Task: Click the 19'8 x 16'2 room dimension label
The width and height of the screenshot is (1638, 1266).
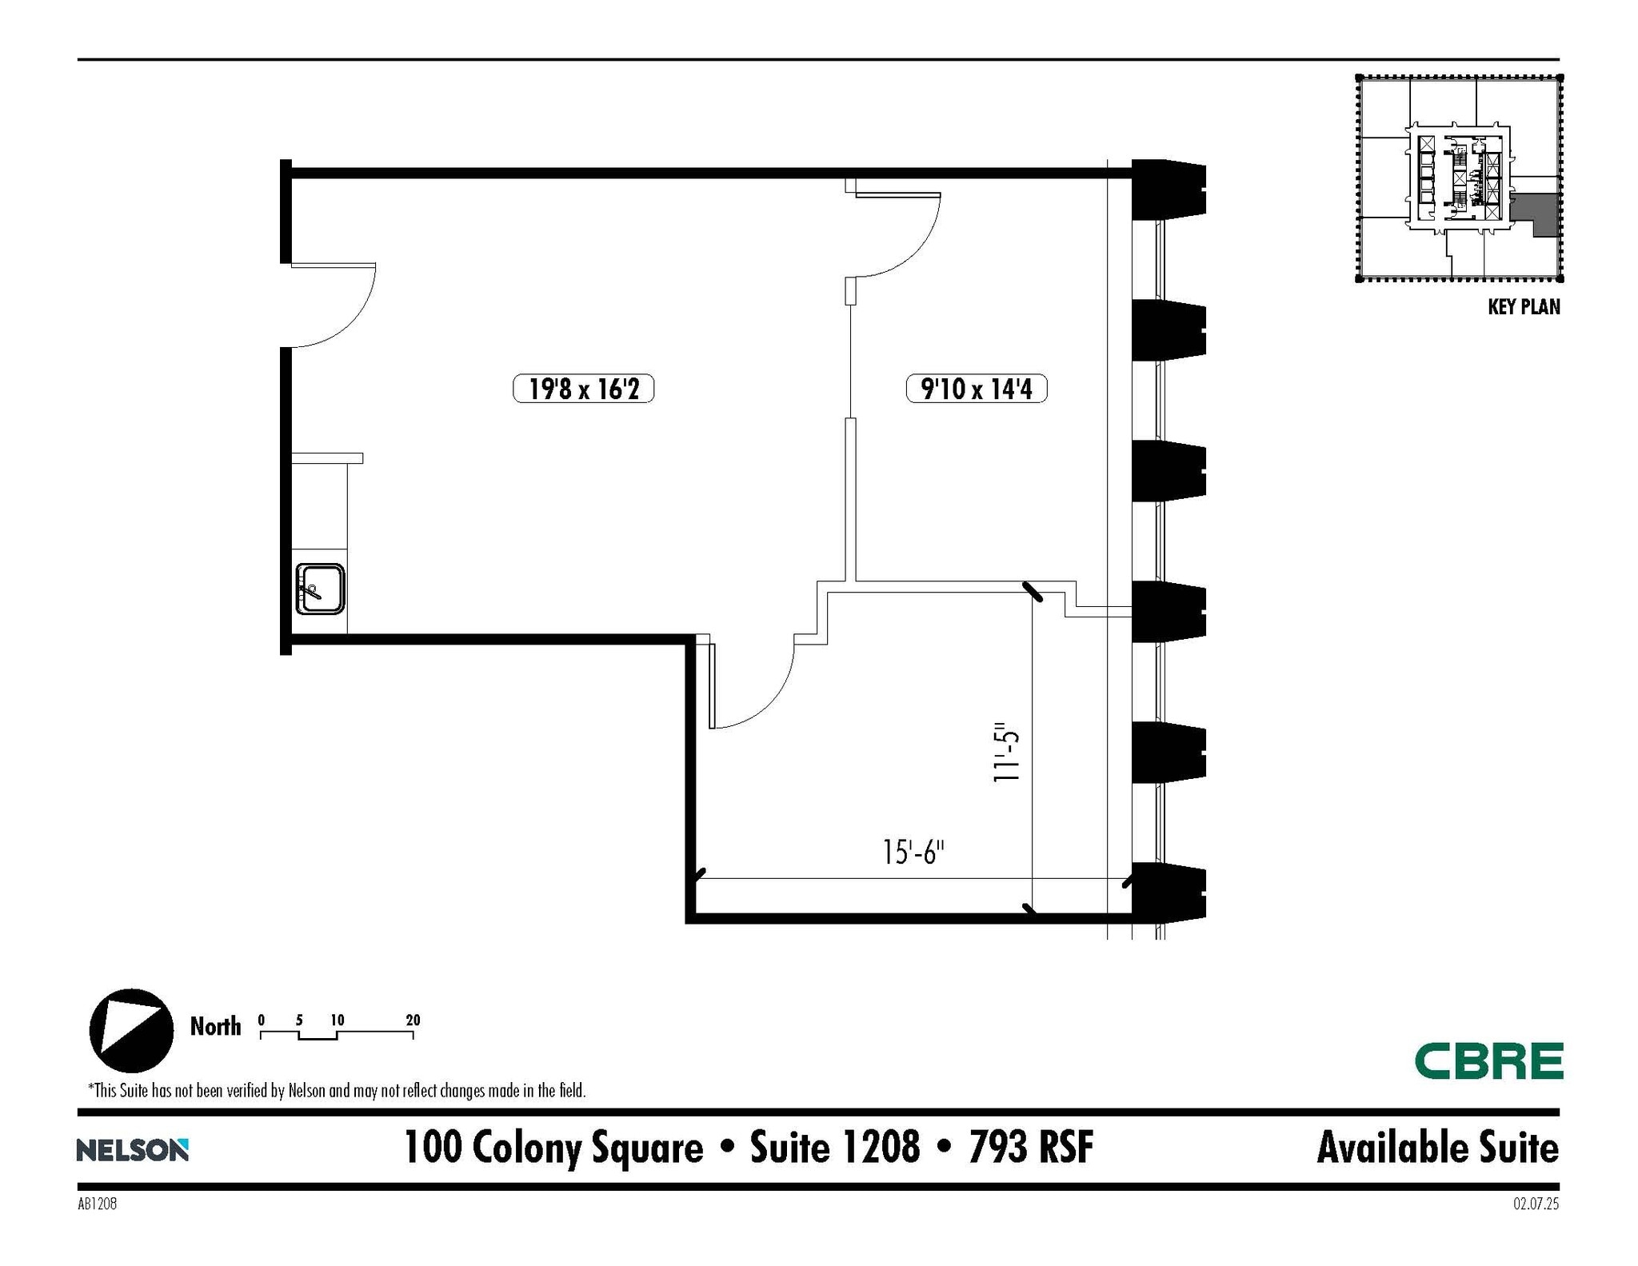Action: pyautogui.click(x=583, y=389)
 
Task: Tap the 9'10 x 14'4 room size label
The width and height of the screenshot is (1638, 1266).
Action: pyautogui.click(x=976, y=389)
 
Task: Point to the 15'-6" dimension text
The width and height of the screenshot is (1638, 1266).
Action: pyautogui.click(x=913, y=853)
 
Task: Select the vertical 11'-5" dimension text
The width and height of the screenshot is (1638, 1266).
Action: pyautogui.click(x=1007, y=756)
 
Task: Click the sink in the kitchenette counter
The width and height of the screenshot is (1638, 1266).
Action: pyautogui.click(x=320, y=589)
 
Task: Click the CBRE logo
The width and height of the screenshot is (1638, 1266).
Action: pyautogui.click(x=1488, y=1061)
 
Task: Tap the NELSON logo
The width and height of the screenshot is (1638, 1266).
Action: pyautogui.click(x=133, y=1150)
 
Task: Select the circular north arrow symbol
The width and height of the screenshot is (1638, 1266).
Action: pyautogui.click(x=131, y=1030)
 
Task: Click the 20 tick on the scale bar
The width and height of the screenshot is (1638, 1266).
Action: pyautogui.click(x=413, y=1021)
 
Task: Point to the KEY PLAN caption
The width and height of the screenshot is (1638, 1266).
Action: pyautogui.click(x=1523, y=307)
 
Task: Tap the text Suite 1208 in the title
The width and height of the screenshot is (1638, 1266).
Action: pyautogui.click(x=834, y=1148)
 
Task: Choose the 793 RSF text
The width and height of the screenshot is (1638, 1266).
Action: pyautogui.click(x=1030, y=1148)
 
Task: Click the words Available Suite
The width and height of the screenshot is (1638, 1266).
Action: pyautogui.click(x=1437, y=1148)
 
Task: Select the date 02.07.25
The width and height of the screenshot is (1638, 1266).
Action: pyautogui.click(x=1536, y=1204)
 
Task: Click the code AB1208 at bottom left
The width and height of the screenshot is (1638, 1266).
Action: pyautogui.click(x=98, y=1204)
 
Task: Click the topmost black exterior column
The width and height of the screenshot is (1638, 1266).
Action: pyautogui.click(x=1168, y=190)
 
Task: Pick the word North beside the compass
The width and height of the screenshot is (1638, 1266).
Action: pyautogui.click(x=215, y=1027)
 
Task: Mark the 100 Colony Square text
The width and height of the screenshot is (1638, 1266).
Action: pyautogui.click(x=553, y=1148)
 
